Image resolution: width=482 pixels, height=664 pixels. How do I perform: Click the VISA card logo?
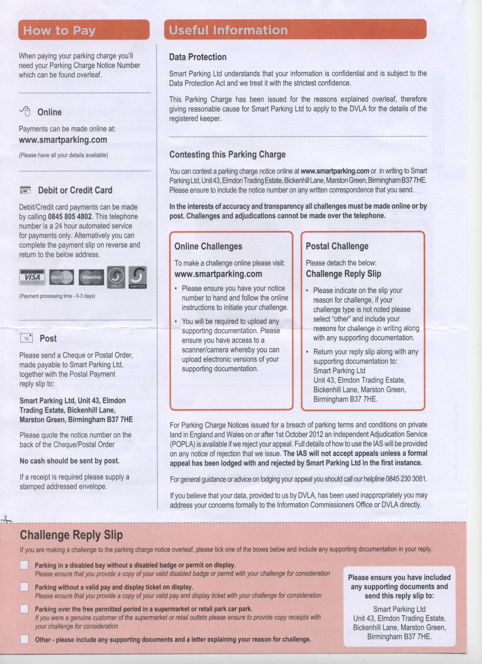[32, 277]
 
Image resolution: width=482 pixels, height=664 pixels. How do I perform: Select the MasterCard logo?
[61, 277]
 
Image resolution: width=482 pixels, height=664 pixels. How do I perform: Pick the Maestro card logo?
[91, 277]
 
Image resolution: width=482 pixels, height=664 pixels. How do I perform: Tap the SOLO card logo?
[116, 277]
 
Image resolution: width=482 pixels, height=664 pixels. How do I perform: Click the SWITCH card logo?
[137, 277]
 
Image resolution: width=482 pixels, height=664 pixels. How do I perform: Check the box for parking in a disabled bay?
[24, 565]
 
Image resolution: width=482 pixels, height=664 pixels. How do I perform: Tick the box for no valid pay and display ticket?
[24, 587]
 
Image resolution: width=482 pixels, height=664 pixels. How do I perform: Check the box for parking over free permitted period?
[24, 609]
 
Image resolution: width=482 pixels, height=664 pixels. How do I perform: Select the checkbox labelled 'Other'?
[24, 639]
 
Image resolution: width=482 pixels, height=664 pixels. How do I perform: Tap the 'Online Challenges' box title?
[208, 246]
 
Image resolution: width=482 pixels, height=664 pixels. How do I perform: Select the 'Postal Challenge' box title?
[337, 246]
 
